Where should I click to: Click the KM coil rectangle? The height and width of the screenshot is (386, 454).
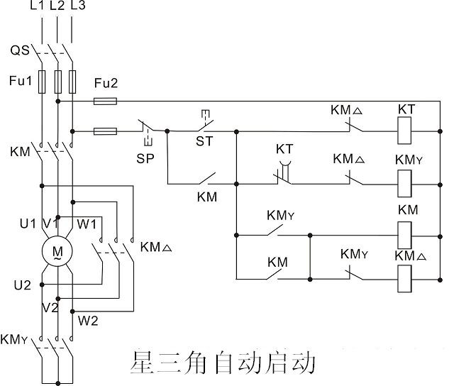[406, 231]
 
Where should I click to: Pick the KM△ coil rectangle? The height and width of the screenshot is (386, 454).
[406, 275]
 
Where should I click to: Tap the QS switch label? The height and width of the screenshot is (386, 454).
[20, 50]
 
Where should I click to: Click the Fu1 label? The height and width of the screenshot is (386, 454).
[20, 80]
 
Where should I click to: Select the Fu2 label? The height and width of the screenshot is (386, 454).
[106, 84]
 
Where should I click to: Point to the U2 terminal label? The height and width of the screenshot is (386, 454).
[23, 285]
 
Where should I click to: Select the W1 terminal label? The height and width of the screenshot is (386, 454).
[87, 224]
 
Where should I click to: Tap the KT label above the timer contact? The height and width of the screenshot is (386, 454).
[284, 150]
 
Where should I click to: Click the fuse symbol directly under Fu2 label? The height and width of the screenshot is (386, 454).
[106, 101]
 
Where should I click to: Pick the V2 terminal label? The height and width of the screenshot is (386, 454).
[50, 308]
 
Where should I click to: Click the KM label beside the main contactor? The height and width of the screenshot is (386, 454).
[20, 152]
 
